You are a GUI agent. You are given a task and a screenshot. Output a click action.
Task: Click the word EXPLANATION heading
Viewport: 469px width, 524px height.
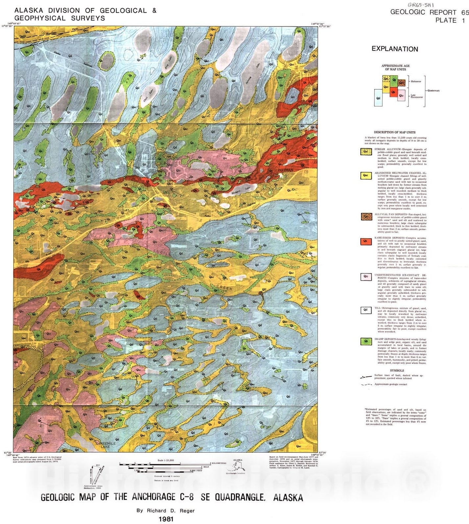395,49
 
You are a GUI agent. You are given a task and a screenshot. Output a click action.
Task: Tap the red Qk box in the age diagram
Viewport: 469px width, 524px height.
394,93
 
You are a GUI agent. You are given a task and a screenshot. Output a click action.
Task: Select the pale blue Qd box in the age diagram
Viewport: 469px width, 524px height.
378,98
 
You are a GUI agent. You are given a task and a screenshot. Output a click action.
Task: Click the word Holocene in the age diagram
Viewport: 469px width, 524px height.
416,81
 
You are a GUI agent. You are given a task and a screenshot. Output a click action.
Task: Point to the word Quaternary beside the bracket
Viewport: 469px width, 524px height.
433,90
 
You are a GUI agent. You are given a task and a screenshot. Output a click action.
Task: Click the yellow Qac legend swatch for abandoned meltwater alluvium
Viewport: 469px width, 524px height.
366,176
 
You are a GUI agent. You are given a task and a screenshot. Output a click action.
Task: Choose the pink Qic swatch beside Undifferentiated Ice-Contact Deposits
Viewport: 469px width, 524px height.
366,277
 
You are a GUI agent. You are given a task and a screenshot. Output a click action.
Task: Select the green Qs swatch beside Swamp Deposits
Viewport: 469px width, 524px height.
366,341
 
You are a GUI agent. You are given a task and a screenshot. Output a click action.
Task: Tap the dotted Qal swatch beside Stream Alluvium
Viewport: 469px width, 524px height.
366,152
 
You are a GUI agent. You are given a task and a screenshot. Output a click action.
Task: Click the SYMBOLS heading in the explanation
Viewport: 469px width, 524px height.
397,370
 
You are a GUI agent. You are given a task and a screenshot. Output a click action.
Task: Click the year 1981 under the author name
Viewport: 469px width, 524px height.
166,519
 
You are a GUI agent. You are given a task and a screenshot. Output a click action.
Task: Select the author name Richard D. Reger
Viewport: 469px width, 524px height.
166,511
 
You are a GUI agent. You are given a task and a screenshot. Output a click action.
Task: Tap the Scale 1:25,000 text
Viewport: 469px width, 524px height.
166,460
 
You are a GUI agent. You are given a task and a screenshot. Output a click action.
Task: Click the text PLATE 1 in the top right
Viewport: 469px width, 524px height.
450,20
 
